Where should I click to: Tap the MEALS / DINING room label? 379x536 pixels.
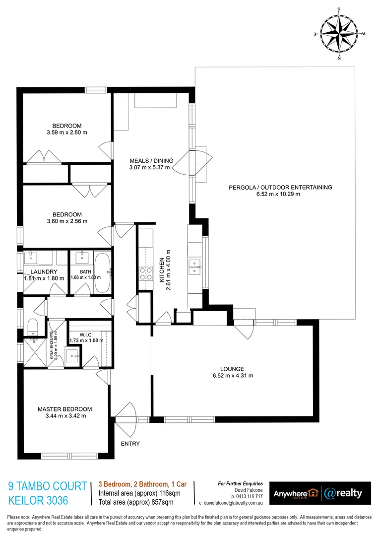151,160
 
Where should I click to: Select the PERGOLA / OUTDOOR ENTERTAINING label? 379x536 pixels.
280,187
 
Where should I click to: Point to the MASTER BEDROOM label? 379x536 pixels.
65,409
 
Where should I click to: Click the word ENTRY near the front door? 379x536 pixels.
130,444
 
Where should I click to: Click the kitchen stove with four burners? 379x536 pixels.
145,273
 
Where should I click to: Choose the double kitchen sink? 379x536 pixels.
193,267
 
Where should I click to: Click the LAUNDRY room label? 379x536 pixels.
44,271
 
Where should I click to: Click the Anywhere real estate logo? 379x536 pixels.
295,493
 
